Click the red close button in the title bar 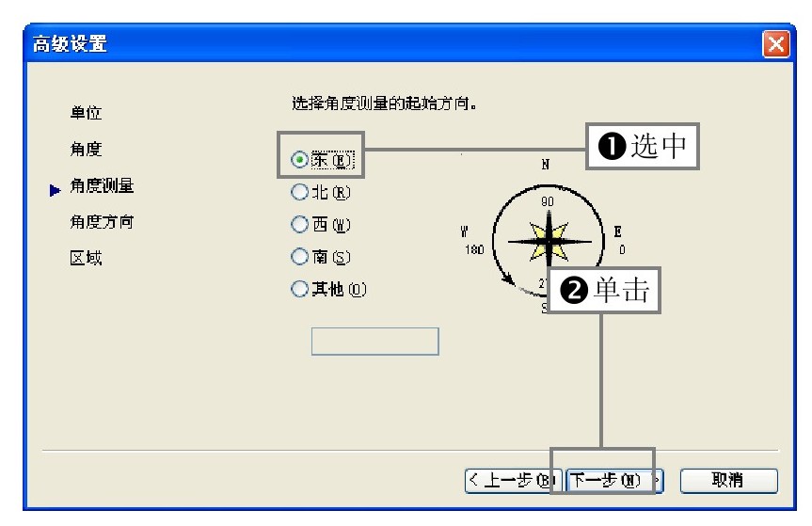click(x=776, y=44)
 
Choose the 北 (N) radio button click(x=300, y=193)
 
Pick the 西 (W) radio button click(x=300, y=225)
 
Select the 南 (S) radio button click(x=300, y=256)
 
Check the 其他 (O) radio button click(x=300, y=290)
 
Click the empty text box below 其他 click(x=374, y=342)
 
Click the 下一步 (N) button click(x=607, y=481)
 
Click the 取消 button click(x=728, y=481)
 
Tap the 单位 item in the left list click(x=86, y=113)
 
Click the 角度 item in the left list click(x=86, y=149)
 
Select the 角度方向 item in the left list click(x=102, y=222)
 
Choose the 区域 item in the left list click(x=86, y=258)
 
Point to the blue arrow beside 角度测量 click(x=56, y=188)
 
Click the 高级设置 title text click(x=71, y=44)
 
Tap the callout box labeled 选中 click(x=644, y=146)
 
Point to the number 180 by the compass click(x=474, y=250)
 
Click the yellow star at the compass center click(x=549, y=240)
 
